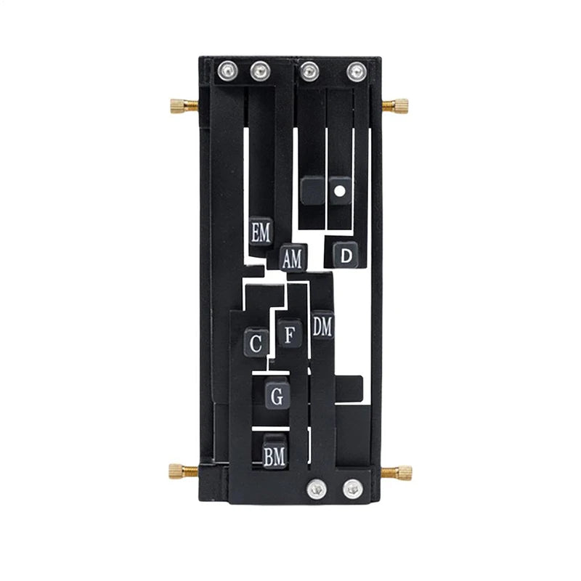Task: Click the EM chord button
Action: tap(261, 232)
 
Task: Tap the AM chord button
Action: tap(293, 258)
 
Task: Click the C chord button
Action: tap(256, 342)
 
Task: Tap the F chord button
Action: tap(289, 334)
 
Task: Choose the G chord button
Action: tap(277, 395)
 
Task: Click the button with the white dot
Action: tap(340, 191)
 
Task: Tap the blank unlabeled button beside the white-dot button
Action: tap(313, 191)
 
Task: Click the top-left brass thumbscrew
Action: tap(184, 105)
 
